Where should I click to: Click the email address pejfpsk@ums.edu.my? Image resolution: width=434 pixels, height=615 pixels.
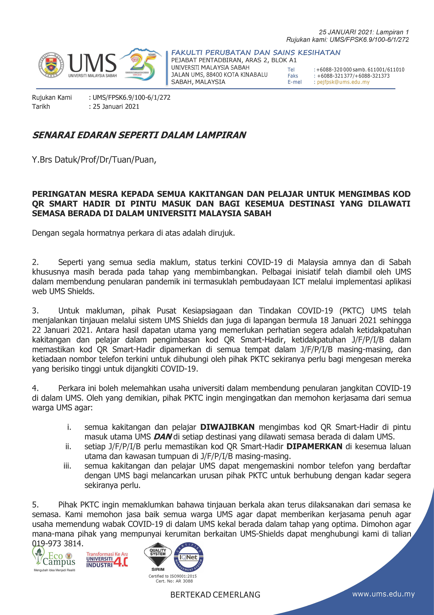coord(343,82)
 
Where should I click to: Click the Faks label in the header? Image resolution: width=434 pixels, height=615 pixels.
coord(293,76)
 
